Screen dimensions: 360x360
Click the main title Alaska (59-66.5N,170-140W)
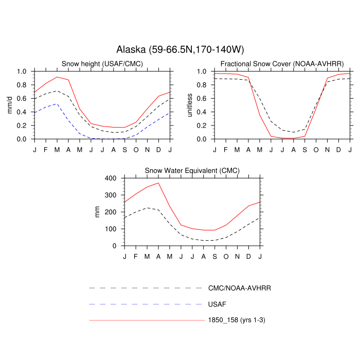pyautogui.click(x=180, y=49)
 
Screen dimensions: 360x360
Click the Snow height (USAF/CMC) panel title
pyautogui.click(x=102, y=64)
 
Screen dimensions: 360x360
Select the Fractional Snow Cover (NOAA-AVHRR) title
pyautogui.click(x=282, y=64)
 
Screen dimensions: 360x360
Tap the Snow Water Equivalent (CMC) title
pyautogui.click(x=192, y=170)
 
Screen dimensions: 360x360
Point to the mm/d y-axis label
pyautogui.click(x=10, y=105)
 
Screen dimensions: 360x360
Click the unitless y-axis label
pyautogui.click(x=190, y=105)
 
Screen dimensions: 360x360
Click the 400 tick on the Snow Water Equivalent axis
pyautogui.click(x=112, y=178)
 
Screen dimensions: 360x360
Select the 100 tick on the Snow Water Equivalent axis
pyautogui.click(x=112, y=229)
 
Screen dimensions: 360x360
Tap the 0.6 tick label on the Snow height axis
pyautogui.click(x=22, y=99)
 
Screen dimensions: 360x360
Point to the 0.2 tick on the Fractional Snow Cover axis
pyautogui.click(x=201, y=125)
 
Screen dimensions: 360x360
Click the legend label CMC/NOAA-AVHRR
pyautogui.click(x=239, y=289)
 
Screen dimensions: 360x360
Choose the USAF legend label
pyautogui.click(x=217, y=304)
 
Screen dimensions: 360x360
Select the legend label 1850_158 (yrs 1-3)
pyautogui.click(x=236, y=320)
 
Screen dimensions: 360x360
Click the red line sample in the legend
pyautogui.click(x=147, y=320)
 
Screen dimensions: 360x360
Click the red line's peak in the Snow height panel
pyautogui.click(x=57, y=77)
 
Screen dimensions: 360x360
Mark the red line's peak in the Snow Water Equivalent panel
pyautogui.click(x=158, y=183)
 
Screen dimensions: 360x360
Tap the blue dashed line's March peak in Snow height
pyautogui.click(x=57, y=104)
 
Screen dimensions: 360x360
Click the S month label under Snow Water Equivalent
pyautogui.click(x=215, y=256)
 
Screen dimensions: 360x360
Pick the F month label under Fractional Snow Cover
pyautogui.click(x=225, y=149)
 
